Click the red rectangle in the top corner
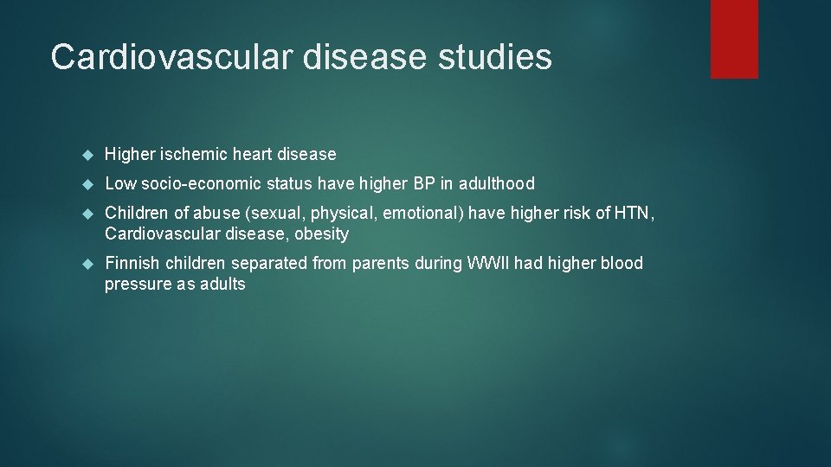[x=734, y=38]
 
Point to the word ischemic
[x=193, y=154]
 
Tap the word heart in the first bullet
[x=252, y=154]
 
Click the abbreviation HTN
[x=634, y=213]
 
